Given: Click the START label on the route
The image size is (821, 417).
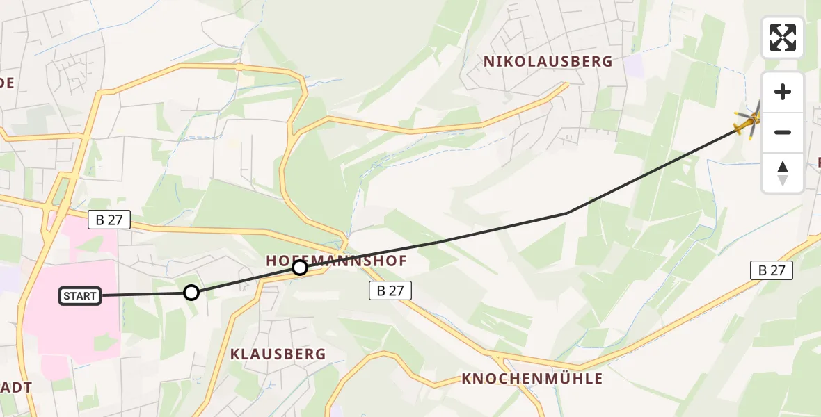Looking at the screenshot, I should (x=81, y=296).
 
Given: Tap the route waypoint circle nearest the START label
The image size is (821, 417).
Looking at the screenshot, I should (x=191, y=293).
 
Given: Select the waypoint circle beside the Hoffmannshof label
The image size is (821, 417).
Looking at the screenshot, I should (x=300, y=268).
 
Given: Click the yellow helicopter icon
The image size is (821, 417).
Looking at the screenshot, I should (x=749, y=123).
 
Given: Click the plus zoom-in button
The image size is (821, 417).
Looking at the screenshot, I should (x=783, y=92).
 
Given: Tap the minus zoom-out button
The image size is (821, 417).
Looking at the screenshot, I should (x=783, y=132).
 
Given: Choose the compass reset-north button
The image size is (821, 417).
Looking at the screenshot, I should (x=783, y=172).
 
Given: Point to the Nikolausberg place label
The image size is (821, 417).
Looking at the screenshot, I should (x=548, y=61).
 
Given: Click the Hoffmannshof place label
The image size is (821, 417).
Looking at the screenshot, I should (x=336, y=260).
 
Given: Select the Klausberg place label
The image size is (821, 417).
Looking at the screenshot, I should (x=278, y=354).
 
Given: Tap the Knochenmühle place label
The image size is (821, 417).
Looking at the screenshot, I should (x=532, y=379).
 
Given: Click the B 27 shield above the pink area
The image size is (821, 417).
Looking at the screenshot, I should (x=109, y=220).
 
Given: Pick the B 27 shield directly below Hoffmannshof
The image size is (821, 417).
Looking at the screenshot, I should (x=390, y=291).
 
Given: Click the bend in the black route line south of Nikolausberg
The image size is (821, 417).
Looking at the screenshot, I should (x=568, y=213).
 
